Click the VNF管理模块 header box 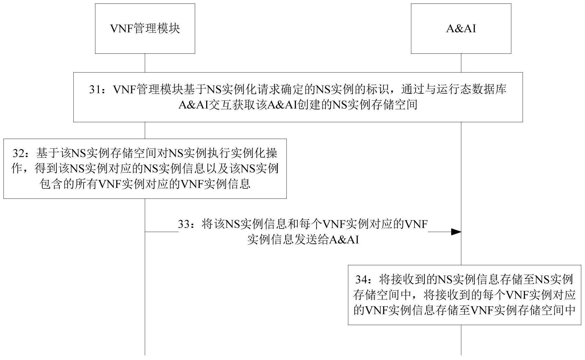coord(145,29)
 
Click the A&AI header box coord(461,29)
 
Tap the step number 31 coord(95,90)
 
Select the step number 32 coord(18,153)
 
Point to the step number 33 coord(184,224)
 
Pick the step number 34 coord(362,279)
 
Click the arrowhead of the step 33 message coord(456,232)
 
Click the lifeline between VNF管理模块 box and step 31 coord(145,63)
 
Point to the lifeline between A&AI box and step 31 coord(461,63)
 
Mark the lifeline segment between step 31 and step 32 coord(145,130)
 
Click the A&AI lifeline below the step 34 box coord(461,340)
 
